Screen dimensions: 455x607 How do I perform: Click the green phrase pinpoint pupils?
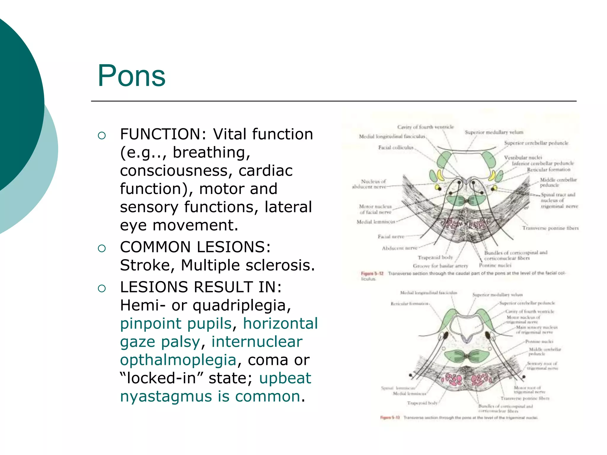176,323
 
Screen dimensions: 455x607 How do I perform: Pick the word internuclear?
257,342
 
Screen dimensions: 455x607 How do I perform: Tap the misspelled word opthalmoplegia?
178,360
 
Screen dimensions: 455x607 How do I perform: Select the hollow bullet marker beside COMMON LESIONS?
102,248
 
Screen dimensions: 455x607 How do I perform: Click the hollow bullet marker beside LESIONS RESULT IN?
102,288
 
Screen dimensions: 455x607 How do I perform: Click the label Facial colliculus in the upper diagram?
395,148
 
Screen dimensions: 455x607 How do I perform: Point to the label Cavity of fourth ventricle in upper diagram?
425,127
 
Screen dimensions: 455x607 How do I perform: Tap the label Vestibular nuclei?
523,157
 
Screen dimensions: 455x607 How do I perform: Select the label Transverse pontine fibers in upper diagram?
550,228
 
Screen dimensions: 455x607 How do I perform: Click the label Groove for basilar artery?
440,266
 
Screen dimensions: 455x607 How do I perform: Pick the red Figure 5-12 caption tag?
372,273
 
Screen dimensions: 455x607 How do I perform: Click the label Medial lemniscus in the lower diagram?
409,394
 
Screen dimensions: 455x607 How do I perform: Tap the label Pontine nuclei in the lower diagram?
539,342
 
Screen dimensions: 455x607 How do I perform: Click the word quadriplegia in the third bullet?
242,305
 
